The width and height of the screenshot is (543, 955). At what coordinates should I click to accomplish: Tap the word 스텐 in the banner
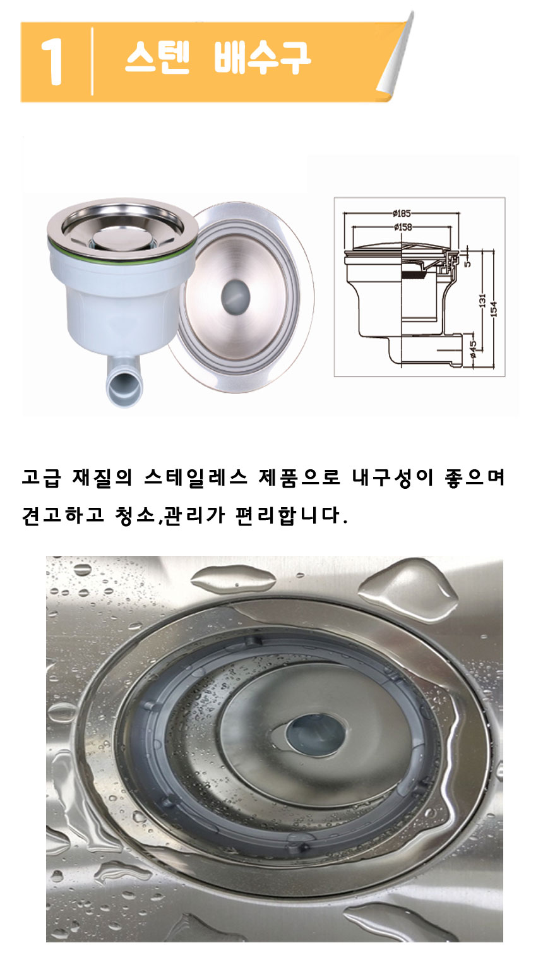[x=157, y=57]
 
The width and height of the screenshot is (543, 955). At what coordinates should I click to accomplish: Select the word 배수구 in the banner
[x=262, y=57]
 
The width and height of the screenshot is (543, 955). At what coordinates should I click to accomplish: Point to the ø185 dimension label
[x=402, y=213]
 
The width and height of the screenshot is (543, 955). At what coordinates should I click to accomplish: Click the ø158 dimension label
[x=403, y=227]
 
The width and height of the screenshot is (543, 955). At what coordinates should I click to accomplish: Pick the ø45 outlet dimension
[x=473, y=346]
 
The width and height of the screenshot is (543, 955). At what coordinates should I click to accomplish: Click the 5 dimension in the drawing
[x=468, y=263]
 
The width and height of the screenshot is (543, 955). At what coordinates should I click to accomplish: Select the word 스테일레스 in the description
[x=196, y=477]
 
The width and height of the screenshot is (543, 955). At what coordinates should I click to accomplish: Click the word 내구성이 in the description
[x=392, y=477]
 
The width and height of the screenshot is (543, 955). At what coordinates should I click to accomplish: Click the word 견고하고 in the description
[x=63, y=515]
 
